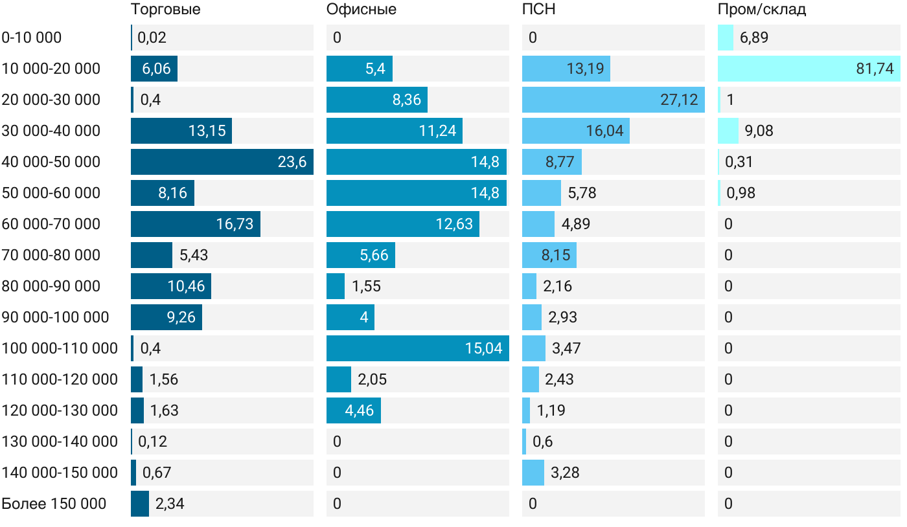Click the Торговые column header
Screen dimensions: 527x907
pyautogui.click(x=165, y=9)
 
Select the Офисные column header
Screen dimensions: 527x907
pyautogui.click(x=361, y=9)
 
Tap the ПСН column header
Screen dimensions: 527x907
pyautogui.click(x=538, y=9)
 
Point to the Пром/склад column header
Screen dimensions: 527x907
pyautogui.click(x=761, y=9)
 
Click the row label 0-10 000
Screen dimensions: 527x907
pyautogui.click(x=32, y=38)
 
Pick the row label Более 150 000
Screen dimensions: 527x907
pyautogui.click(x=54, y=504)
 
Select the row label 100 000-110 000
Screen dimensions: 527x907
pyautogui.click(x=60, y=348)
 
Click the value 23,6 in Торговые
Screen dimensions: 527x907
pyautogui.click(x=292, y=162)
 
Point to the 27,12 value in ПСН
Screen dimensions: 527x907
pyautogui.click(x=679, y=100)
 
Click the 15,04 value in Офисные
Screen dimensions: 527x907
pyautogui.click(x=483, y=348)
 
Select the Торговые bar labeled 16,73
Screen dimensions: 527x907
pyautogui.click(x=196, y=224)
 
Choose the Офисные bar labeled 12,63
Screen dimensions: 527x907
pyautogui.click(x=403, y=224)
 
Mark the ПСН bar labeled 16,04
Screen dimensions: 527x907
pyautogui.click(x=576, y=131)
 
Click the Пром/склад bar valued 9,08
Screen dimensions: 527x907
pyautogui.click(x=728, y=131)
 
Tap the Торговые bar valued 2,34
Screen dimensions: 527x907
pyautogui.click(x=140, y=504)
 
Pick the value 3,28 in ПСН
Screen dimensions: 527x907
pyautogui.click(x=565, y=473)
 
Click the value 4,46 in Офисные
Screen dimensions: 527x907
pyautogui.click(x=360, y=410)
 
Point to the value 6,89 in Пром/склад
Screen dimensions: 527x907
pyautogui.click(x=753, y=38)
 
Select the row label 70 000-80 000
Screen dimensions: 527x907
pyautogui.click(x=51, y=255)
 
